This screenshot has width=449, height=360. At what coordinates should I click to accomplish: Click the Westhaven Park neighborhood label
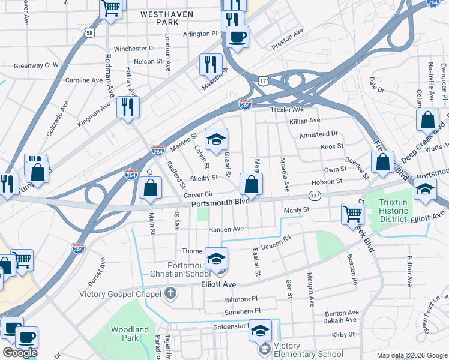[160, 17]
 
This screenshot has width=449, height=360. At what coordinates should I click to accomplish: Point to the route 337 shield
[315, 196]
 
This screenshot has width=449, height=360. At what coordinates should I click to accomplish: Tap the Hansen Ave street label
[226, 229]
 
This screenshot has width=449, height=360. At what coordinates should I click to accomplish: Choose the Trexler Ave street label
[287, 109]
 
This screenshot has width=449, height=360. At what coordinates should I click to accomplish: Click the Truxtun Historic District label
[401, 211]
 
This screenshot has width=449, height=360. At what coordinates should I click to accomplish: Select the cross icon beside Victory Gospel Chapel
[170, 294]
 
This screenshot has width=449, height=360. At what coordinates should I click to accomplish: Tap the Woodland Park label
[130, 334]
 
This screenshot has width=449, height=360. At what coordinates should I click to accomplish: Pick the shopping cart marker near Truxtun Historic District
[352, 214]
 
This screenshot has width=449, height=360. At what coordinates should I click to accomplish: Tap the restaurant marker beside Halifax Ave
[128, 106]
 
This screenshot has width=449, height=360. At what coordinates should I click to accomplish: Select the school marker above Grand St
[216, 139]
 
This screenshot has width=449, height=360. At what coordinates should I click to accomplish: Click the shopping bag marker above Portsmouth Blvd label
[252, 184]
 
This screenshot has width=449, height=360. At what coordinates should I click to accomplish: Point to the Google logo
[20, 353]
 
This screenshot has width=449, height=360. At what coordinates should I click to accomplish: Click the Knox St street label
[331, 146]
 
